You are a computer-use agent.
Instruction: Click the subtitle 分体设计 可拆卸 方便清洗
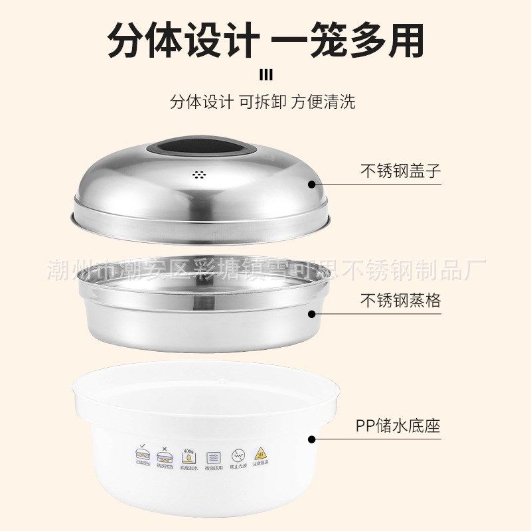(263, 102)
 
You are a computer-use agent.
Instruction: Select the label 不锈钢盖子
(400, 171)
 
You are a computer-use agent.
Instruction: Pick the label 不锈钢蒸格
(400, 300)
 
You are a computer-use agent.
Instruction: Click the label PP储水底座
(398, 425)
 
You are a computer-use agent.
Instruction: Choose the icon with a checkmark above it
(142, 455)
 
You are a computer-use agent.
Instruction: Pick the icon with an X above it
(165, 455)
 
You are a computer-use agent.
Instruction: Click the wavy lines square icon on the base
(214, 457)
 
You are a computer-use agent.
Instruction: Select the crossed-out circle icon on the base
(238, 456)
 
